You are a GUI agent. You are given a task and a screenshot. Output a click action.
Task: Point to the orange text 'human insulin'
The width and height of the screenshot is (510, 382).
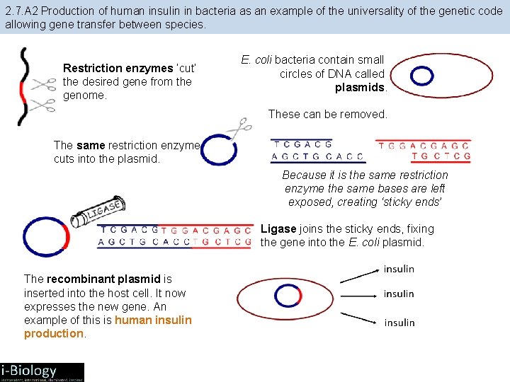pos(153,320)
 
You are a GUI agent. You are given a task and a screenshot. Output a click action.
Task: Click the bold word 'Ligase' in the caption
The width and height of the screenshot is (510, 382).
pos(278,229)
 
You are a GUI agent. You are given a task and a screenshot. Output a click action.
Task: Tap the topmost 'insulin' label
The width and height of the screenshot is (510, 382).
pos(399,270)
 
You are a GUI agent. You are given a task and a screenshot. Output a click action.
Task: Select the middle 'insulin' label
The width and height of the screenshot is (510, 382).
pos(399,294)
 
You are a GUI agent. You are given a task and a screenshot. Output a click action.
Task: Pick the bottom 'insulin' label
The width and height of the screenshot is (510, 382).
pos(399,323)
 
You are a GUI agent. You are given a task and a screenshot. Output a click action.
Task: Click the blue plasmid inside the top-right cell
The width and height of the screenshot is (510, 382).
pos(422,75)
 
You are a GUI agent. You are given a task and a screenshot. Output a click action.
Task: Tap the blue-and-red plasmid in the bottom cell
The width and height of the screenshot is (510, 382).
pos(288,296)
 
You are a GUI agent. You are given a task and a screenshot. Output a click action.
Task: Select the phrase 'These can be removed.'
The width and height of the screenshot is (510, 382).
pos(328,115)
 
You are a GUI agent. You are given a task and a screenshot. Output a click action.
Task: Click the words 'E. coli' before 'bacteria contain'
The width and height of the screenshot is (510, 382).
pos(256,60)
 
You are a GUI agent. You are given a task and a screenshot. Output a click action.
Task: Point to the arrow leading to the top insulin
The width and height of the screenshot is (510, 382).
pos(358,275)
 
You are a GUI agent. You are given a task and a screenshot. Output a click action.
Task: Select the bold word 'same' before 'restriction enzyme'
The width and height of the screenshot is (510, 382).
pos(91,145)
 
